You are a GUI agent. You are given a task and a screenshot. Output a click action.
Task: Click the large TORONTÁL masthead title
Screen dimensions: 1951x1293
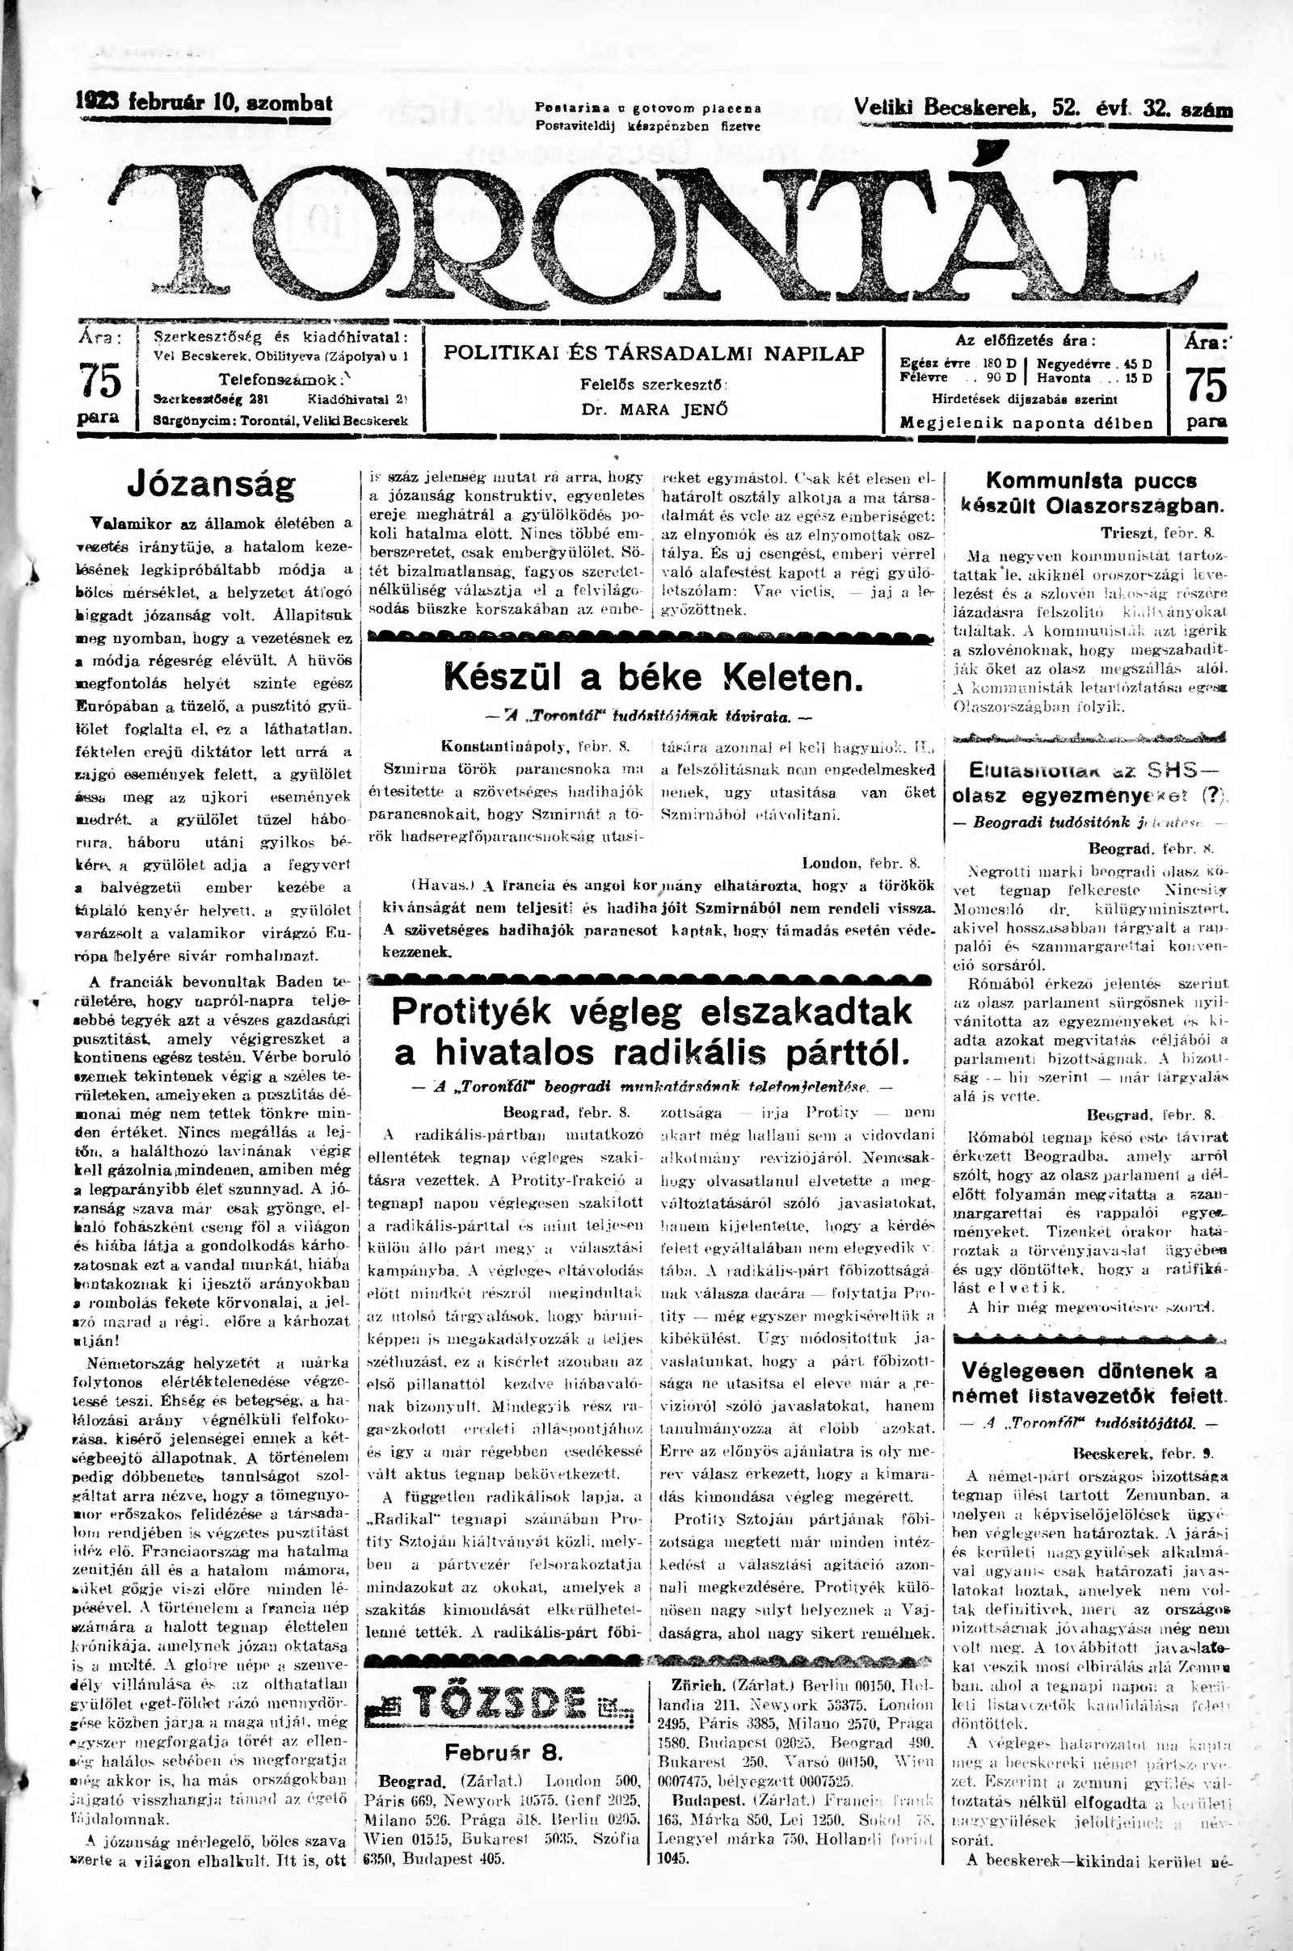pyautogui.click(x=651, y=235)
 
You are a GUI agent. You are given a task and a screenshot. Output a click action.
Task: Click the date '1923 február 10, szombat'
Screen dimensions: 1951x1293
pyautogui.click(x=204, y=104)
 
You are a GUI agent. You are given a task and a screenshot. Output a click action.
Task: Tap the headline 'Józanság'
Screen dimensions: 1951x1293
pyautogui.click(x=210, y=486)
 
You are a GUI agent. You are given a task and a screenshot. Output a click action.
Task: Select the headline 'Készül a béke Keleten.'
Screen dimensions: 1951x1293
pyautogui.click(x=653, y=677)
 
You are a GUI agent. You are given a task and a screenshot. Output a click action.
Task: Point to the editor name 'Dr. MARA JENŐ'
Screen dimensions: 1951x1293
pyautogui.click(x=654, y=410)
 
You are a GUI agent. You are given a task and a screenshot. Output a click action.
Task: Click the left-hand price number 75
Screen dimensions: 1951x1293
pyautogui.click(x=99, y=381)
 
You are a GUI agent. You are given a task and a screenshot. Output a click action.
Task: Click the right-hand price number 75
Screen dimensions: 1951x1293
pyautogui.click(x=1206, y=384)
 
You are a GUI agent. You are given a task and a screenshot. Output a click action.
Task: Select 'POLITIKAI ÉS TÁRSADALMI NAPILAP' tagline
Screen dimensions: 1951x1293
pyautogui.click(x=654, y=354)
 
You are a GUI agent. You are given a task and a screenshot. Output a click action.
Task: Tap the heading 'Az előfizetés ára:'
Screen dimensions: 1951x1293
pyautogui.click(x=1025, y=340)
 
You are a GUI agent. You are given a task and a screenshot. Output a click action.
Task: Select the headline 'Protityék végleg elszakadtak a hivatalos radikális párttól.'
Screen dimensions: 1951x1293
pyautogui.click(x=651, y=1031)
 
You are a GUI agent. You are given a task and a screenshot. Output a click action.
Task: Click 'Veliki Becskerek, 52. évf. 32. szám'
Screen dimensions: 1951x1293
pyautogui.click(x=1043, y=107)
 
